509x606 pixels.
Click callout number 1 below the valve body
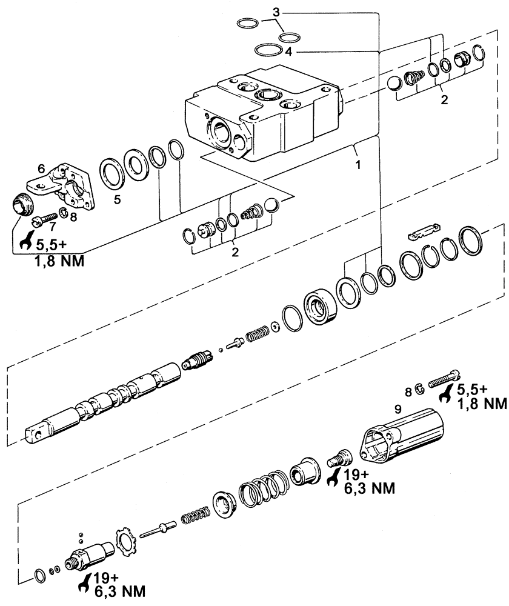pos(360,164)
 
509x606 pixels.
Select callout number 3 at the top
pos(276,12)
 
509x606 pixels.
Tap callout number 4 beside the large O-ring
pos(288,52)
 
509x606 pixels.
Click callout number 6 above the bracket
pos(41,168)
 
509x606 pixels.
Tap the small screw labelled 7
pos(43,216)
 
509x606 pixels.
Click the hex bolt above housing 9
pos(445,380)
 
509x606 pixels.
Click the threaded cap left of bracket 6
pos(24,203)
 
